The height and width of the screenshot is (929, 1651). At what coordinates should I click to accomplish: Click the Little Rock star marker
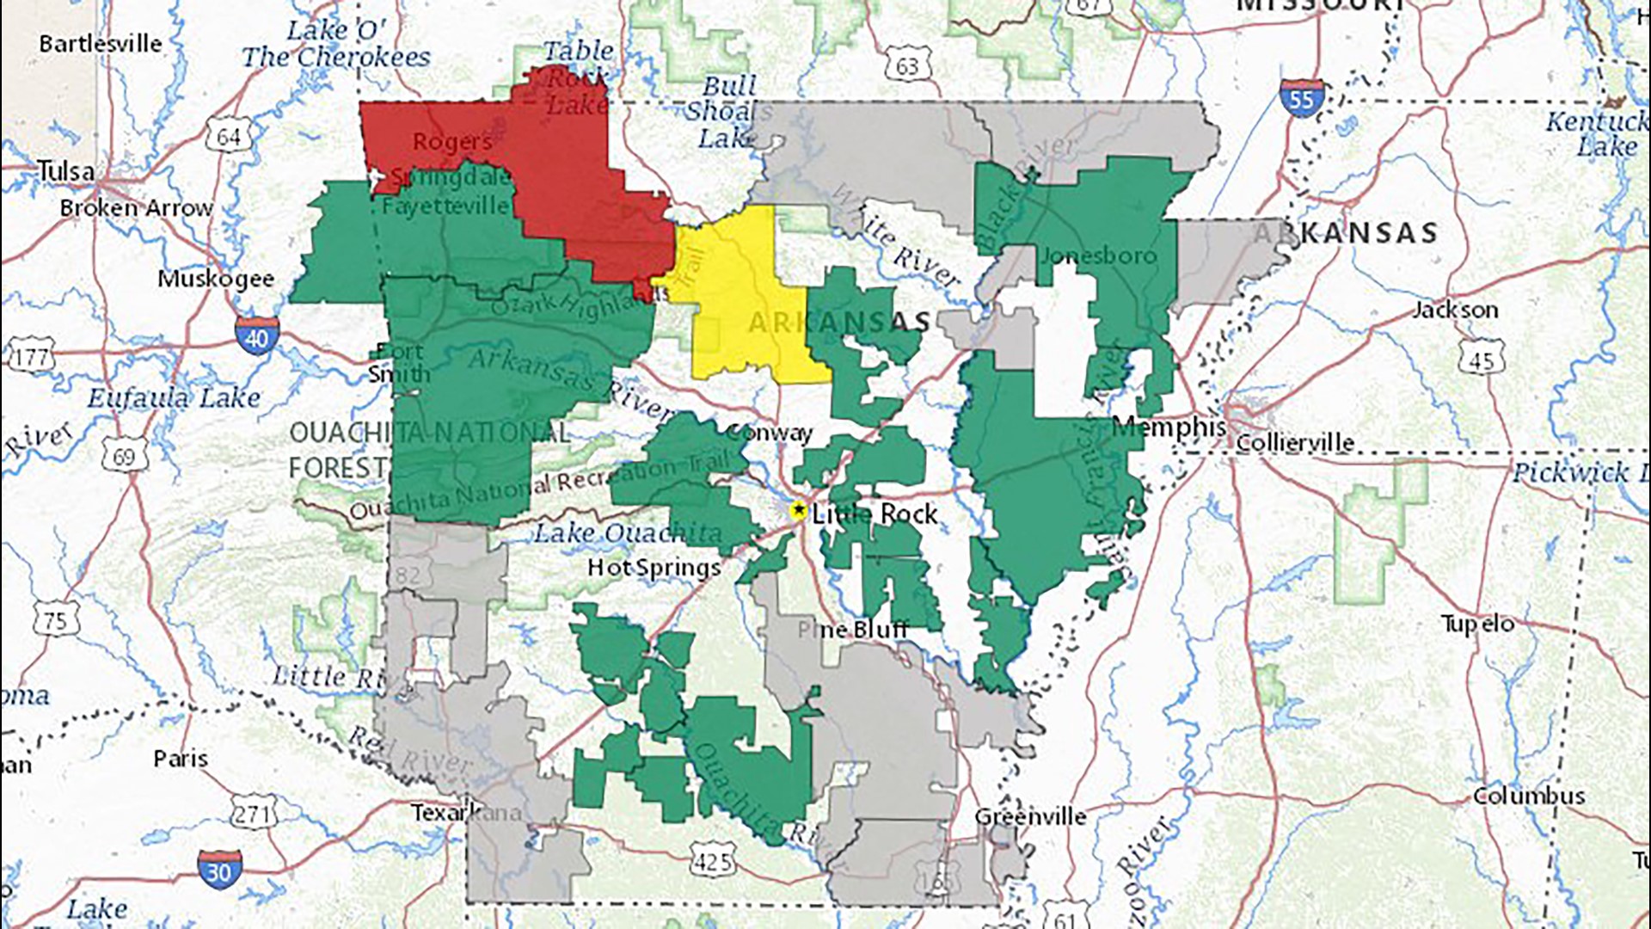click(x=798, y=511)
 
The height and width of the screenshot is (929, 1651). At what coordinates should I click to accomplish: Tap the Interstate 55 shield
click(x=1301, y=100)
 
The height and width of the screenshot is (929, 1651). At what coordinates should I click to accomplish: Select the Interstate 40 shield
click(x=256, y=337)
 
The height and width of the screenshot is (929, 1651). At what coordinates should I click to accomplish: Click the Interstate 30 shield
click(x=218, y=871)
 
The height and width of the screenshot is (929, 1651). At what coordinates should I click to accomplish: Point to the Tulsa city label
click(x=65, y=171)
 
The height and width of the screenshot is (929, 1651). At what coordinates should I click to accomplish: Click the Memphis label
click(x=1169, y=427)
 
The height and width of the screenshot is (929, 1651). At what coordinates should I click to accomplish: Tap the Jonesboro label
click(x=1099, y=255)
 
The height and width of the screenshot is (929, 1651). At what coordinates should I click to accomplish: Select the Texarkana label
click(x=465, y=812)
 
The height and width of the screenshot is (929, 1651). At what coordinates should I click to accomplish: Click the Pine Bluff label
click(x=852, y=630)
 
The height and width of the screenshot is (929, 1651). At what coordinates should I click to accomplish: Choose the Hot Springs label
click(x=654, y=568)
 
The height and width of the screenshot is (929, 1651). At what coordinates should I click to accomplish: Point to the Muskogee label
click(x=216, y=279)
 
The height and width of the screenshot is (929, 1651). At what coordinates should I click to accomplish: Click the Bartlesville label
click(x=100, y=43)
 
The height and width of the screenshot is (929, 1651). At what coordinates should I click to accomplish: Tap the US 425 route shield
click(x=712, y=860)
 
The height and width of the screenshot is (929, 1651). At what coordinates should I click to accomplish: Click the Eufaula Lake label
click(x=174, y=397)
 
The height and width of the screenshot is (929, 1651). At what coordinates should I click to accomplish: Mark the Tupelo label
click(x=1477, y=624)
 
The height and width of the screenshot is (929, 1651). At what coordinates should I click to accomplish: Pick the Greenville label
click(x=1030, y=816)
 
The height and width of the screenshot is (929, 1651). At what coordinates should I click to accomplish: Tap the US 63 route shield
click(x=907, y=65)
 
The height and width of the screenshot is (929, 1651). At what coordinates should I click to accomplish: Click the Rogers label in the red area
click(x=452, y=142)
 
